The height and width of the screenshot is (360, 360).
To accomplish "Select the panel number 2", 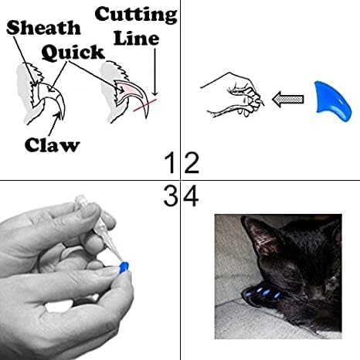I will tap(192, 164).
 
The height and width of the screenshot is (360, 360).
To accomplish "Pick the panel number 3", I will tap(171, 197).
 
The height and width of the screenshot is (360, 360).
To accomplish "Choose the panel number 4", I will tap(191, 197).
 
